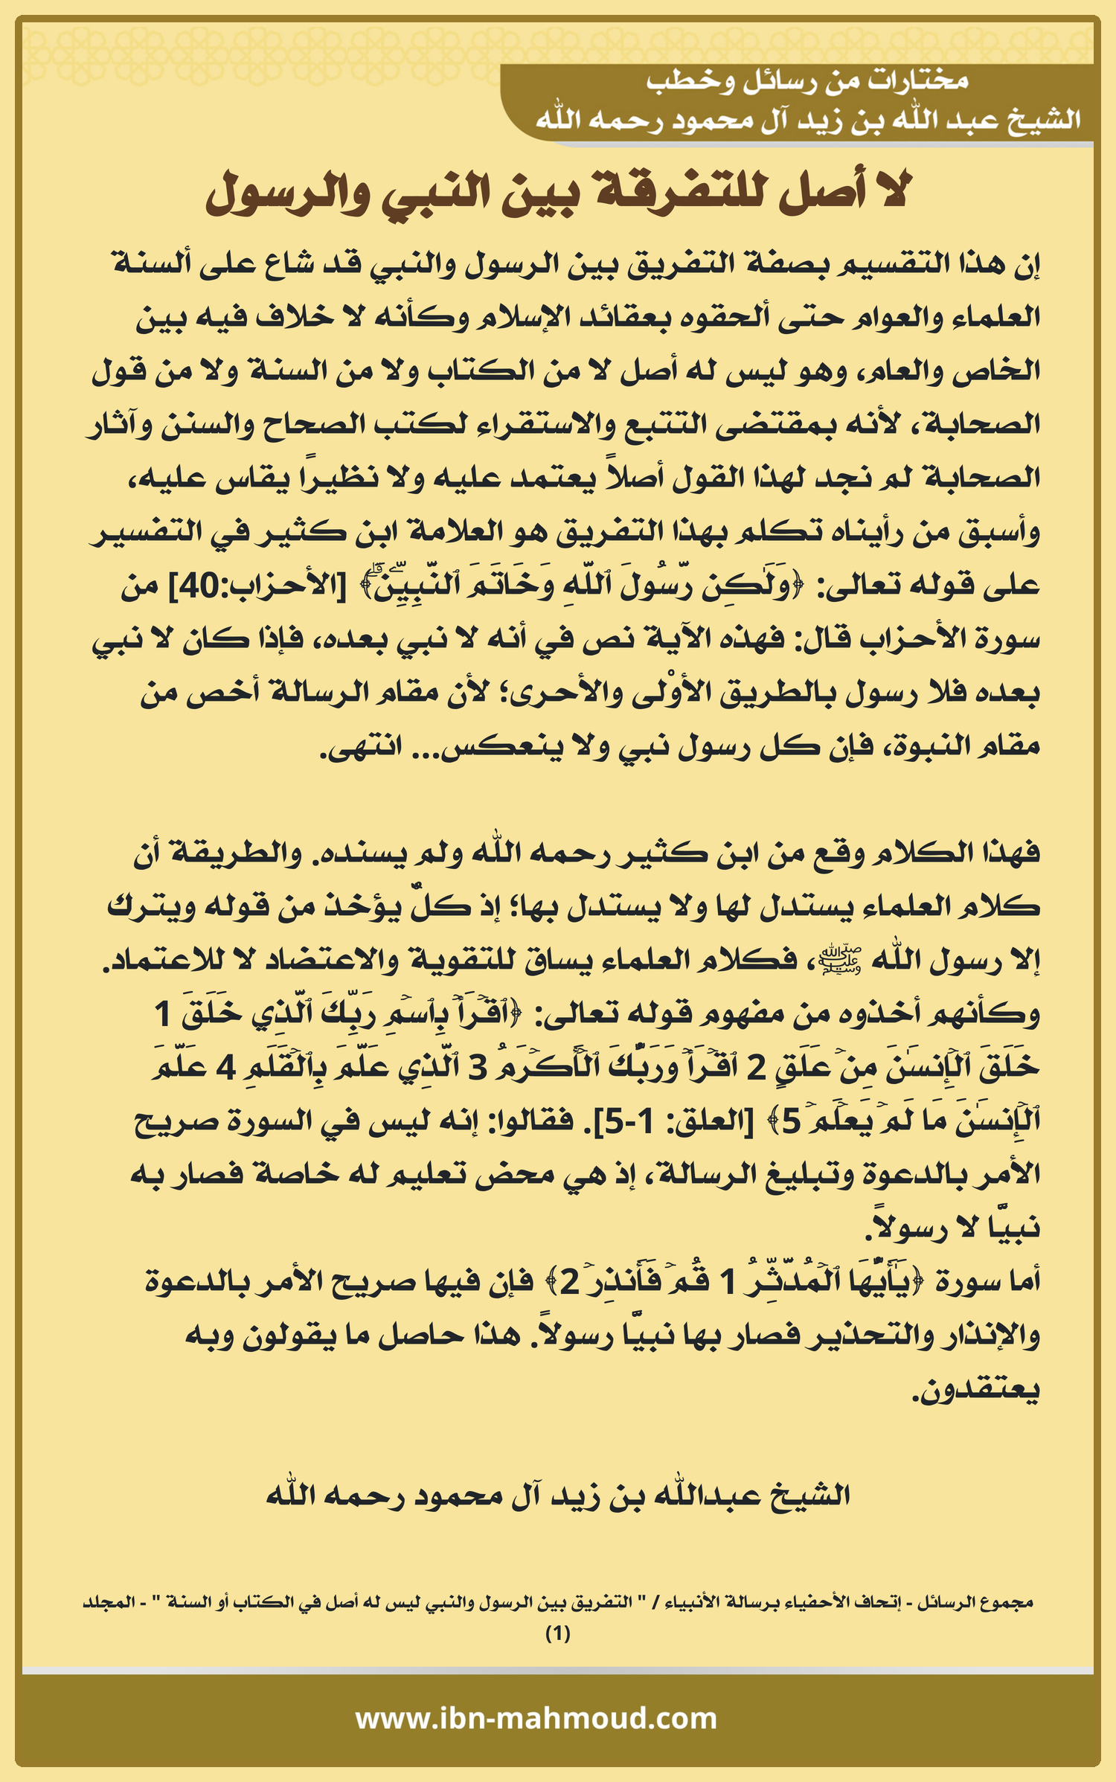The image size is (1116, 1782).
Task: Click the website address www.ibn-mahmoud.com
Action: point(536,1718)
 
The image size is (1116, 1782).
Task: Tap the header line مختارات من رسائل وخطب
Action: point(806,81)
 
